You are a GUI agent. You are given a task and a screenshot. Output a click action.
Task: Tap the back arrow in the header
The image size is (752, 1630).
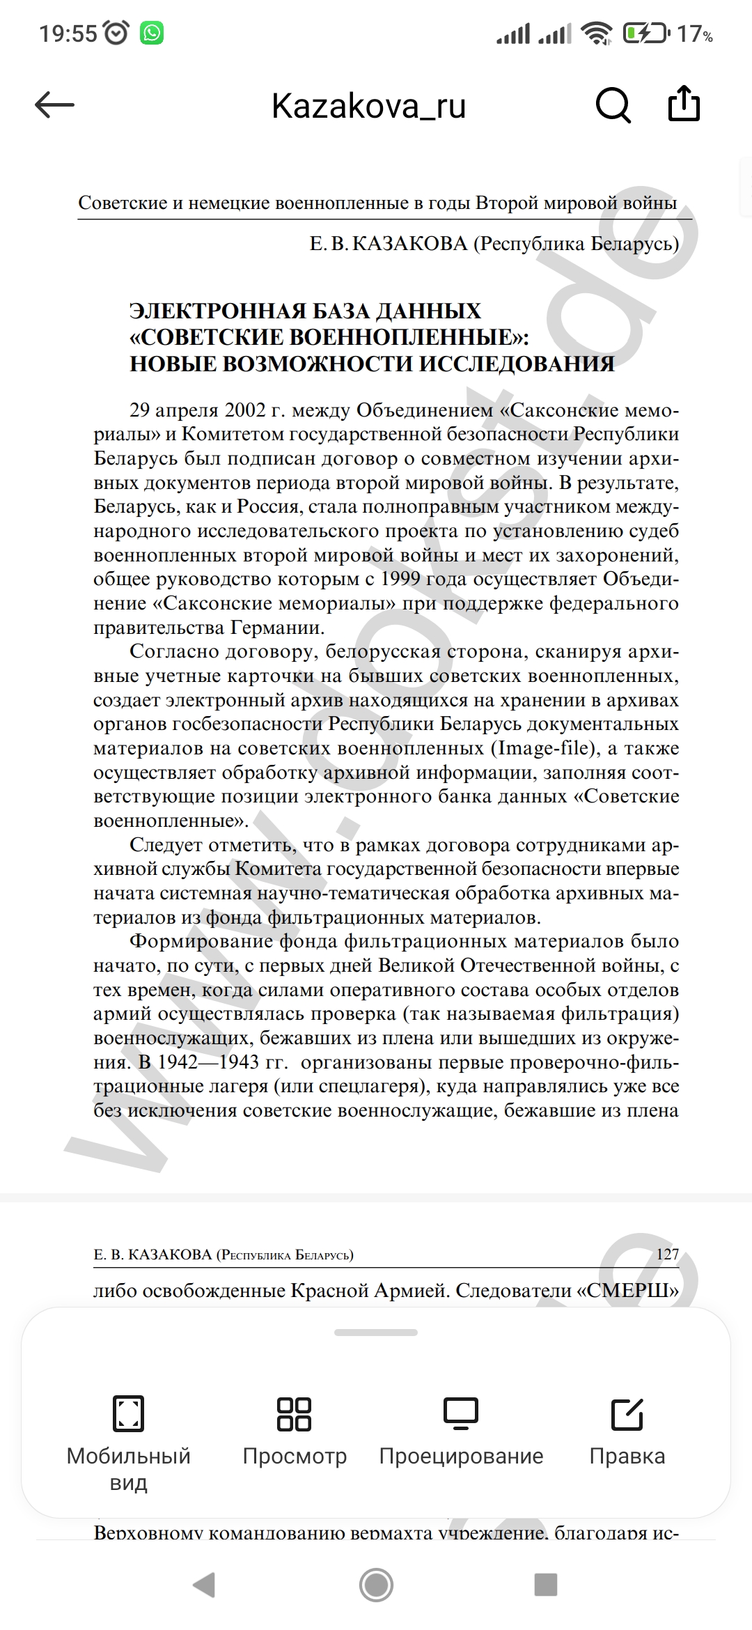click(54, 105)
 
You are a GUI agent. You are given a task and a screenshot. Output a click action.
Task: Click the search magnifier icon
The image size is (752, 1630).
click(613, 105)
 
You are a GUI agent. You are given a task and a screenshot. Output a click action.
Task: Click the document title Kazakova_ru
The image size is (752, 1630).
click(368, 106)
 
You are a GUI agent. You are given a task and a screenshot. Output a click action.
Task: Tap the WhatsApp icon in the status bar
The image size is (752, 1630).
click(152, 33)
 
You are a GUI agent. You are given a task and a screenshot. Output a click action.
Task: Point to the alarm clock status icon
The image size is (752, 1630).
click(116, 33)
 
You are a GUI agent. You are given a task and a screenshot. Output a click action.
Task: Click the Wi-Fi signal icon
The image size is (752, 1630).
click(597, 33)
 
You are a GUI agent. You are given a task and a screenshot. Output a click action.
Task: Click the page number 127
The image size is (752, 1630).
click(667, 1254)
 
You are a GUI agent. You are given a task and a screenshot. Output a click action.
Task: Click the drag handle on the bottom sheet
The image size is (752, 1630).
click(376, 1333)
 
